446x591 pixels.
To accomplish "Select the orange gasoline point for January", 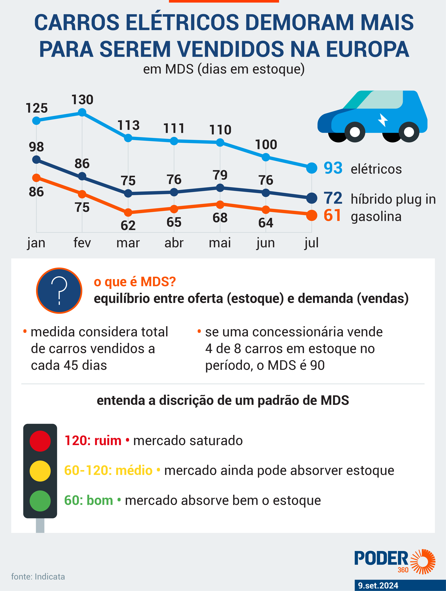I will (36, 178).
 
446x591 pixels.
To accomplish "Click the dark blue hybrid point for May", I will (220, 188).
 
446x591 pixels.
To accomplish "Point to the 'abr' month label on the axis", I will (174, 243).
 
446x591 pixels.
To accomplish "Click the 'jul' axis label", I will (311, 243).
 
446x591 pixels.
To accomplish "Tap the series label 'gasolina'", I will (376, 216).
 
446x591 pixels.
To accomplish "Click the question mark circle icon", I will (59, 291).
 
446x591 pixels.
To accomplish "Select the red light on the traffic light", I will (40, 441).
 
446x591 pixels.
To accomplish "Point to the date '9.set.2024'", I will (378, 585).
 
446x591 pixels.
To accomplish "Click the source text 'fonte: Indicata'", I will (38, 577).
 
